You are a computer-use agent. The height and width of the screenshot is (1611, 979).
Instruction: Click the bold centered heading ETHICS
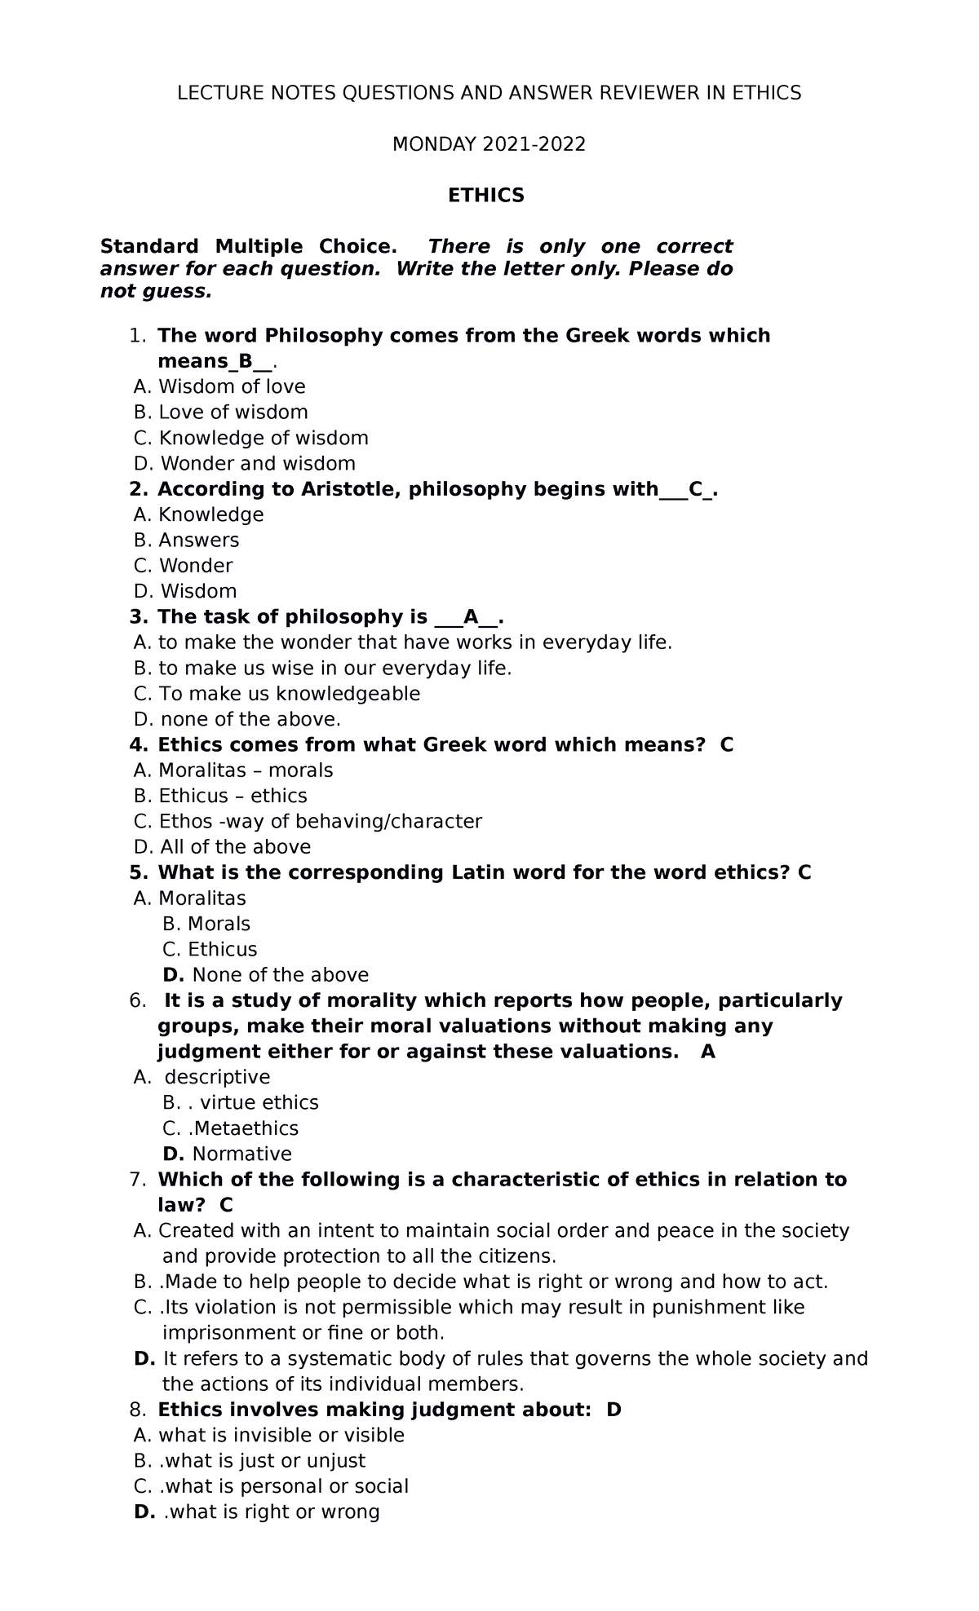[486, 196]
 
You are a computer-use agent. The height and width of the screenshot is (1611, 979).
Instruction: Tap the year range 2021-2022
[534, 144]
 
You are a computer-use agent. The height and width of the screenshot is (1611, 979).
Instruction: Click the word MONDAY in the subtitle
[433, 144]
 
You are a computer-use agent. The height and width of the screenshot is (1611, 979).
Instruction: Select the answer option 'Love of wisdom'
[233, 412]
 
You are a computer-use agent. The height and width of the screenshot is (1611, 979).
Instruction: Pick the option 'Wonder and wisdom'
[258, 463]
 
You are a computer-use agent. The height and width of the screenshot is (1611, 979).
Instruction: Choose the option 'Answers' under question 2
[198, 540]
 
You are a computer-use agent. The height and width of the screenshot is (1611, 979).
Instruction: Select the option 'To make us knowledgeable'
[289, 694]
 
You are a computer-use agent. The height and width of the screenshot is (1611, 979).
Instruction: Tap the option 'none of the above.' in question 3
[250, 719]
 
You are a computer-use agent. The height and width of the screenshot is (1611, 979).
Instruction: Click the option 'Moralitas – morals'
[245, 770]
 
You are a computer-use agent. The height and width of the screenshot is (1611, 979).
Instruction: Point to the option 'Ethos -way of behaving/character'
[320, 821]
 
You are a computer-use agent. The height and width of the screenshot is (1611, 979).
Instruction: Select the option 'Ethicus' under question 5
[222, 949]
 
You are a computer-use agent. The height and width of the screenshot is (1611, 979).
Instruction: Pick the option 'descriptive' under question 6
[217, 1077]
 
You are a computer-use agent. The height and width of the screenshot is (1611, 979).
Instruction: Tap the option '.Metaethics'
[242, 1128]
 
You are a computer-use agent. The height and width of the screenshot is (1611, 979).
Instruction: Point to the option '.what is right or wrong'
[272, 1512]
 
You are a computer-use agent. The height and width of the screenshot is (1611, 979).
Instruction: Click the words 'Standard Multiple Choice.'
[249, 246]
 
